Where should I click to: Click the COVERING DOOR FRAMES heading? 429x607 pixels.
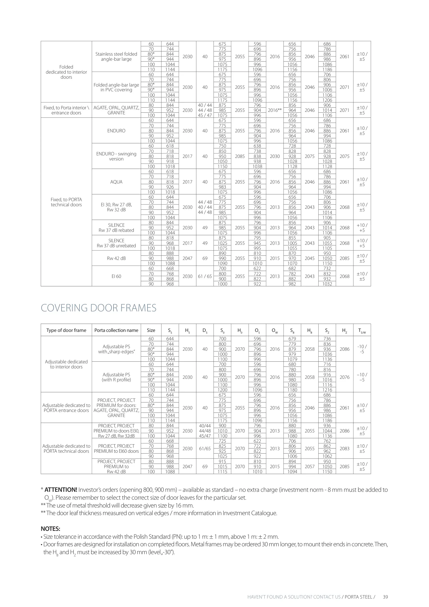(x=98, y=308)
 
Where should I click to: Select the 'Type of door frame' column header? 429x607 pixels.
(x=66, y=330)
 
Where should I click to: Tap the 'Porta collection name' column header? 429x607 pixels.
(x=116, y=330)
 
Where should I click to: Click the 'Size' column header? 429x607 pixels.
(x=151, y=330)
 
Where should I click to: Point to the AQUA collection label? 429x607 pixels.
(x=116, y=182)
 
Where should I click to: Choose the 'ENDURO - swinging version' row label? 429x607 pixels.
(x=116, y=156)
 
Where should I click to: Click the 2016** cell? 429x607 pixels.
(x=275, y=110)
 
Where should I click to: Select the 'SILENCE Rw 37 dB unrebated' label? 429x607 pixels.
(x=116, y=243)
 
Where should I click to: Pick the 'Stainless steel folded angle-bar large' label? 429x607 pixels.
(x=116, y=56)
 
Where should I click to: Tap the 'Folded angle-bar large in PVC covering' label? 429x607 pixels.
(x=116, y=87)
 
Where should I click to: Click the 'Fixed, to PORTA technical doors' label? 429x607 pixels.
(x=66, y=202)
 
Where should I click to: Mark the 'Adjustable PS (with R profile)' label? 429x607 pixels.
(x=116, y=377)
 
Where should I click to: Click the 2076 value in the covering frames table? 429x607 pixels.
(x=344, y=377)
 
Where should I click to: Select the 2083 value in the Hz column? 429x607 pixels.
(x=344, y=449)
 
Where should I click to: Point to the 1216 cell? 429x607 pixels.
(x=327, y=390)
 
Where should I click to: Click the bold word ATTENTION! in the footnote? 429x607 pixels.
(x=61, y=490)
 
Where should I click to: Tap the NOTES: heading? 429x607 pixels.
(x=51, y=529)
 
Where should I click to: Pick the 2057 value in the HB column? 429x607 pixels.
(x=310, y=466)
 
